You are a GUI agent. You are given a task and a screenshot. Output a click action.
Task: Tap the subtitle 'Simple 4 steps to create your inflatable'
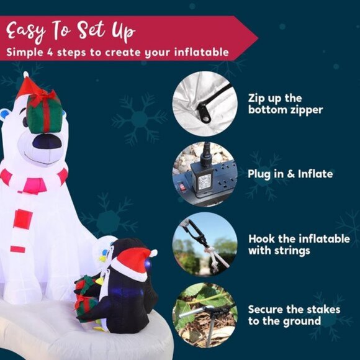point(118,52)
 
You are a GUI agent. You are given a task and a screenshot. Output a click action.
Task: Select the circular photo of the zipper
point(204,102)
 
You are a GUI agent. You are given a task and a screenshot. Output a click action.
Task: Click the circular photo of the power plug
point(204,174)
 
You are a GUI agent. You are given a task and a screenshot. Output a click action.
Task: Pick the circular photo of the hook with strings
point(204,243)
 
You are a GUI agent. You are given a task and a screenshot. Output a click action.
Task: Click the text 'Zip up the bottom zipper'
point(286,104)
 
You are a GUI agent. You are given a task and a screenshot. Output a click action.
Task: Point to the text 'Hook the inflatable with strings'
point(299,245)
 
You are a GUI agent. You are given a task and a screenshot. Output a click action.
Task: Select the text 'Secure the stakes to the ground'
point(294,315)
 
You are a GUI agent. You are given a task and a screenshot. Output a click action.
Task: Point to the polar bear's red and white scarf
point(34,180)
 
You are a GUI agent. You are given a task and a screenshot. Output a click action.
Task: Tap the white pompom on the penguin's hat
point(153,253)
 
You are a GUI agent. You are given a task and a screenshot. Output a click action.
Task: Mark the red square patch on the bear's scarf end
point(23,218)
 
